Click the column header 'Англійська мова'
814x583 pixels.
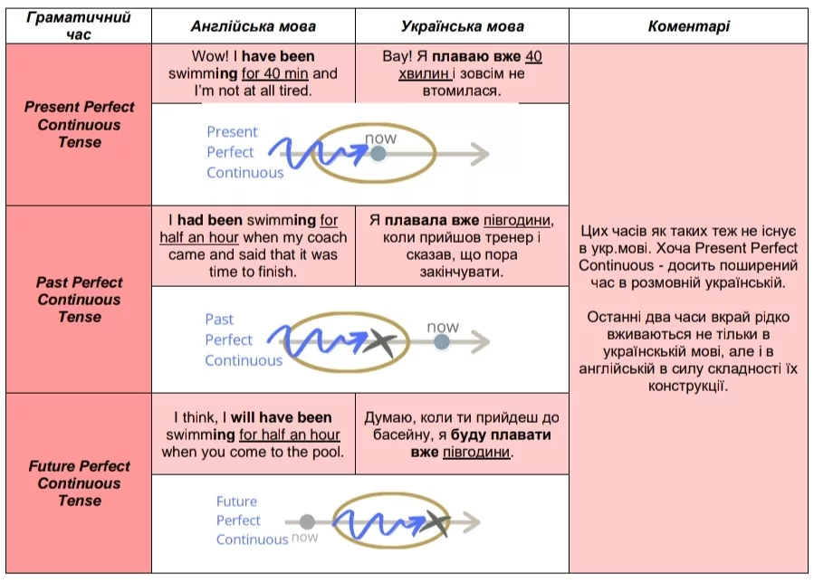pos(253,27)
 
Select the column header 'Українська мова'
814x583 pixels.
pos(462,27)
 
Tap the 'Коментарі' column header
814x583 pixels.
pos(688,27)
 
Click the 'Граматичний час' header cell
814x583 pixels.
pos(79,26)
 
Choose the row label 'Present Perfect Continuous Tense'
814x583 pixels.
pos(79,125)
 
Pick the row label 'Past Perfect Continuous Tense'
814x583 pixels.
pos(79,300)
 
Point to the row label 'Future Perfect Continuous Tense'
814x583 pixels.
pos(79,483)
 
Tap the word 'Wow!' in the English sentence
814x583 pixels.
pos(209,57)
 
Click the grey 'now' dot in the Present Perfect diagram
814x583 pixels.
pos(378,155)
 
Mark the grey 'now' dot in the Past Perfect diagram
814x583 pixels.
pos(441,342)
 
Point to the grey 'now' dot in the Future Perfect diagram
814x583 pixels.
pos(307,522)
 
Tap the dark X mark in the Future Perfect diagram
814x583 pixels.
pos(436,522)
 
